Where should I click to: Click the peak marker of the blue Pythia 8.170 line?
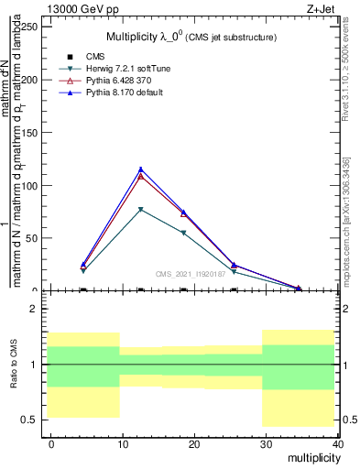click(x=140, y=169)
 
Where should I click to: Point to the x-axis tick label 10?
click(x=122, y=443)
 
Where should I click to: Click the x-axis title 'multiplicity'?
click(x=311, y=456)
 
